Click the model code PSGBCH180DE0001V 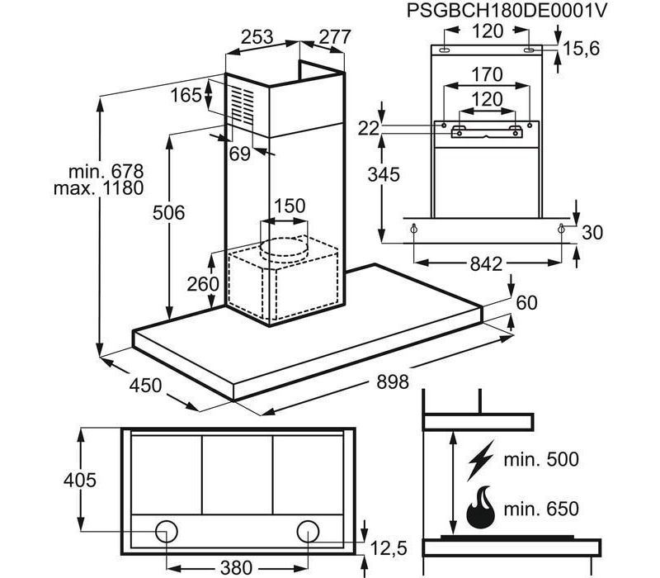pos(507,11)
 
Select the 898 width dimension pos(393,382)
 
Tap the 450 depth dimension pos(145,385)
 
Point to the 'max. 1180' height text pos(98,188)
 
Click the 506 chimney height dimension pos(168,212)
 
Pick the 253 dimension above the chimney pos(257,37)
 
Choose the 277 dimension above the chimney pos(335,37)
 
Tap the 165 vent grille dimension pos(186,95)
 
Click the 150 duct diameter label pos(290,206)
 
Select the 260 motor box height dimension pos(203,284)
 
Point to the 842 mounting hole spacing pos(486,264)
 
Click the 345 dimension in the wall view pos(384,174)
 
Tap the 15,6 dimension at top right pos(582,49)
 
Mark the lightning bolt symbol pos(481,460)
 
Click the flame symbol pos(481,508)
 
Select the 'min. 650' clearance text pos(541,509)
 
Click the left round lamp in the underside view pos(167,531)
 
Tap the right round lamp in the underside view pos(308,531)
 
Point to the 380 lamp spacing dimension pos(236,568)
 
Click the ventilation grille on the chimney pos(243,106)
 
